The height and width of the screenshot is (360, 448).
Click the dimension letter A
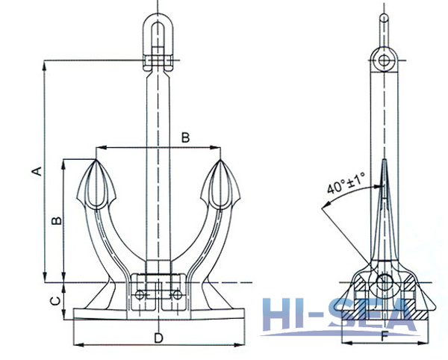coord(34,171)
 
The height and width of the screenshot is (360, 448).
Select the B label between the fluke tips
coord(186,137)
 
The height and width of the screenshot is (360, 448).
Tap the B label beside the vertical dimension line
coord(55,222)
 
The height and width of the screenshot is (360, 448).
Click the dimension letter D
coord(158,338)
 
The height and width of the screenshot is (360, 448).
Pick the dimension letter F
coord(383,336)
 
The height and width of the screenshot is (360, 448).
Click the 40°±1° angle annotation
coord(345,184)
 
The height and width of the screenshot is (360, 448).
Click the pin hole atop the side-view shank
coord(384,60)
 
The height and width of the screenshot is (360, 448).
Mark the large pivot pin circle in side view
coord(385,283)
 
